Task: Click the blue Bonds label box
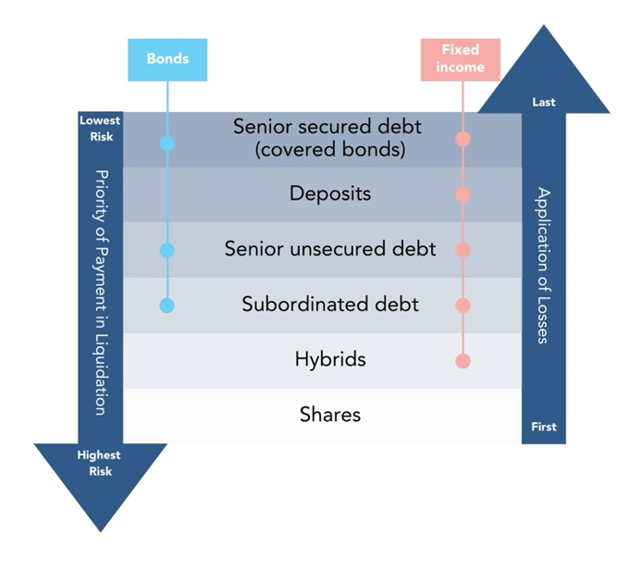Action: point(167,59)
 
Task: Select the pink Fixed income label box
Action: point(460,59)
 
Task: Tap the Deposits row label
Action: point(330,194)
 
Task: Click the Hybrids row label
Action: point(330,359)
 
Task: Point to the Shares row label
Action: point(330,415)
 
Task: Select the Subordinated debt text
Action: point(330,304)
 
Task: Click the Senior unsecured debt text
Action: point(330,249)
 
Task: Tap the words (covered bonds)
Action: point(330,149)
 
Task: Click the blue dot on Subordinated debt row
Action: point(167,305)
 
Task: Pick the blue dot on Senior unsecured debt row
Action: point(167,250)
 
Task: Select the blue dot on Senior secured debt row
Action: point(167,143)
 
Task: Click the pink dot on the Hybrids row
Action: point(464,360)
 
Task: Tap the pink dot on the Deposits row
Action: point(464,194)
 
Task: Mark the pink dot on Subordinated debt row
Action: point(464,305)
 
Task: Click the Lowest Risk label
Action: point(100,127)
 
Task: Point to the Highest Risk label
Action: point(100,463)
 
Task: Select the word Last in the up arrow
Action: point(544,102)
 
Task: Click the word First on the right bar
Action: point(544,427)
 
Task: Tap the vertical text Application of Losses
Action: point(544,265)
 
